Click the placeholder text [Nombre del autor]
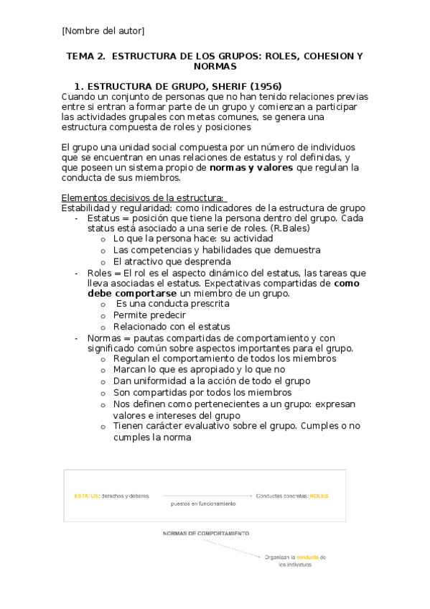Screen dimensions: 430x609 point(103,30)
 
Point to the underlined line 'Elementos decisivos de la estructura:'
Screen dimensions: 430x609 point(144,197)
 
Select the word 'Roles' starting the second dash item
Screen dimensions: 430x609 point(101,273)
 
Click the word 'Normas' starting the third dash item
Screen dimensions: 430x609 point(105,338)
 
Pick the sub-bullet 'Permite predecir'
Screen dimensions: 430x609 point(149,315)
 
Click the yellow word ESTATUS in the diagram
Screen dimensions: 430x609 point(87,496)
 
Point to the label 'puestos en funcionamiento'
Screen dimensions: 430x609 point(203,503)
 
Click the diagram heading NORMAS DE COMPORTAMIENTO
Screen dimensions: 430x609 point(206,534)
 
